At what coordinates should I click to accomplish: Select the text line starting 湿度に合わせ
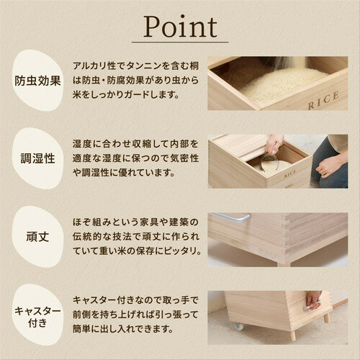point(135,143)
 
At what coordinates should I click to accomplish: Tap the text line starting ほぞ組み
point(135,221)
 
